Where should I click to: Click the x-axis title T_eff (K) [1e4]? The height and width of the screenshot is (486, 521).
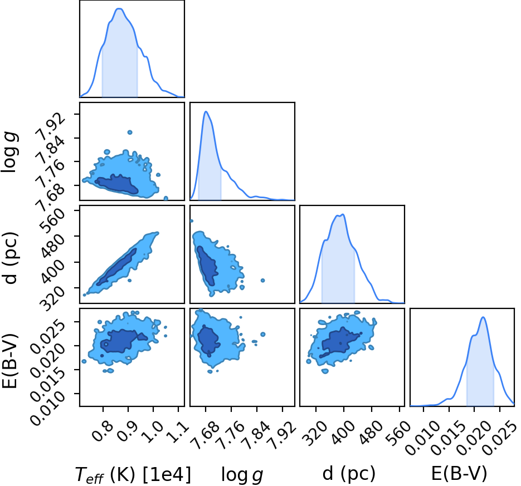[133, 474]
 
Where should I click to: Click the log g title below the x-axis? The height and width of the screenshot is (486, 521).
[242, 475]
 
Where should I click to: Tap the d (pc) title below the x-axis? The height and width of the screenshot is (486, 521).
[349, 474]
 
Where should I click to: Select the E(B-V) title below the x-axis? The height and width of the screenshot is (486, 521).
[459, 474]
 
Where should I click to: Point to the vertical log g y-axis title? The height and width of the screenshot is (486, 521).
[9, 152]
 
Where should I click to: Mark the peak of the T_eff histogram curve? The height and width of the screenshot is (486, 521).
[119, 9]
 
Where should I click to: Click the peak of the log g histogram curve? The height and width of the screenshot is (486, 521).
[206, 111]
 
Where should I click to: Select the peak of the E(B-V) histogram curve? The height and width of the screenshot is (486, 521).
[483, 317]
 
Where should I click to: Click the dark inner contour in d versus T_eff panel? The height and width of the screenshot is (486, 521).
[116, 267]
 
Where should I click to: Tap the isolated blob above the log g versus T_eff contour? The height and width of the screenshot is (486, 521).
[130, 132]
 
